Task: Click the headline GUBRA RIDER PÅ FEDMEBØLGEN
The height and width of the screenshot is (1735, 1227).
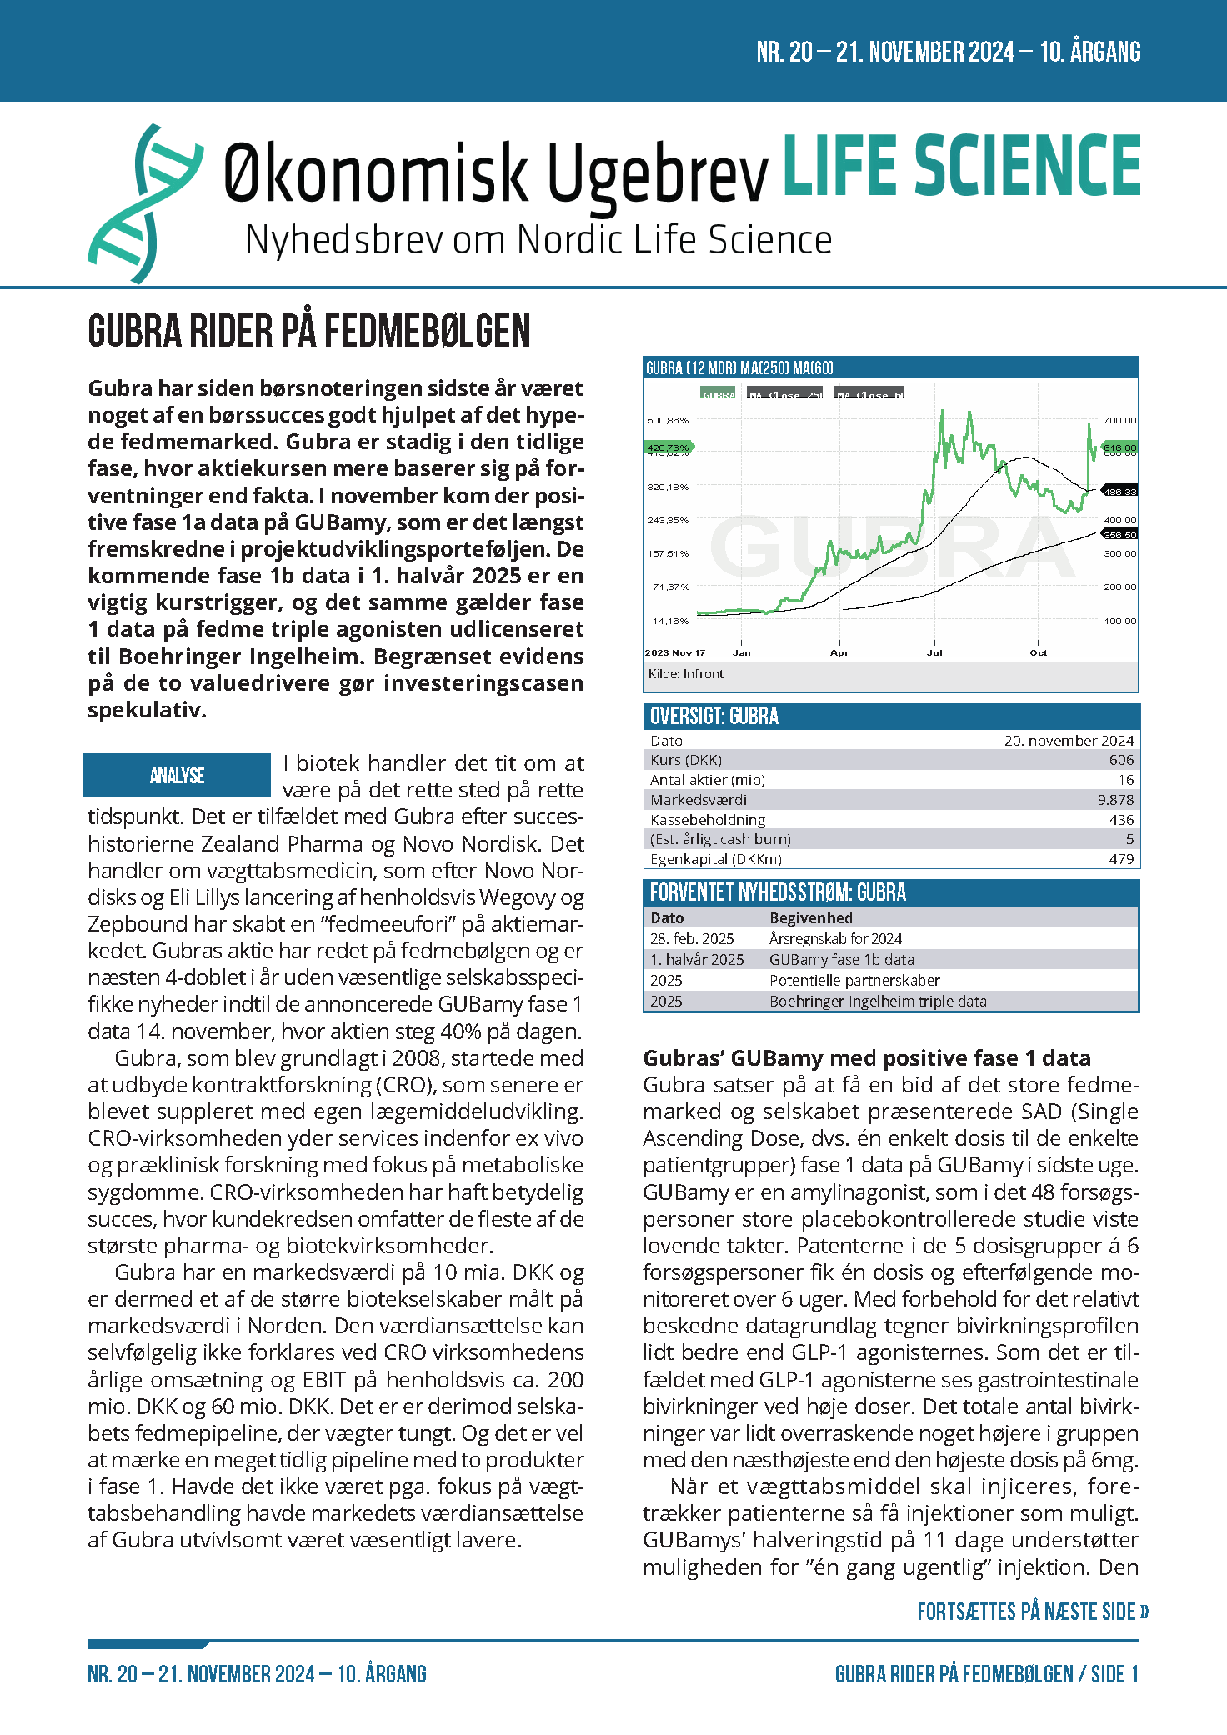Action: coord(308,331)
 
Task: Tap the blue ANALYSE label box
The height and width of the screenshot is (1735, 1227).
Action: coord(177,776)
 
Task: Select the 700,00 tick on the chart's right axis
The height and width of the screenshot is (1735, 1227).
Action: coord(1119,421)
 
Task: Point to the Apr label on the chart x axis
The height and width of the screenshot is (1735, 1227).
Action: coord(839,653)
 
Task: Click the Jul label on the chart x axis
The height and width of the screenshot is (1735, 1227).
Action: coord(934,653)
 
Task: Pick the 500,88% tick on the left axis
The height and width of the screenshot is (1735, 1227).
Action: coord(668,421)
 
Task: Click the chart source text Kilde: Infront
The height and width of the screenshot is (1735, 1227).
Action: coord(686,674)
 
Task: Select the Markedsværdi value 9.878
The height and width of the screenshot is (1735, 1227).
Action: coord(1115,800)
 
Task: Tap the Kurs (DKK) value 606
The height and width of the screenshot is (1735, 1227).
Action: coord(1121,760)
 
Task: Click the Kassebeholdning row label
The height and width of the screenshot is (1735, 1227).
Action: coord(708,820)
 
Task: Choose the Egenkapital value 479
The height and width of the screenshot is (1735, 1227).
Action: coord(1121,859)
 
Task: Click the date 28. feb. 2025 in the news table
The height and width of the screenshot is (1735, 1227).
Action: coord(692,939)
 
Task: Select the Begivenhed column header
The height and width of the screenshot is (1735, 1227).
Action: coord(810,918)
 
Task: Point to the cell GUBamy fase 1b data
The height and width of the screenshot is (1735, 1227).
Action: coord(841,960)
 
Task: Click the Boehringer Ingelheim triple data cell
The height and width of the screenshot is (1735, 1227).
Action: coord(878,1002)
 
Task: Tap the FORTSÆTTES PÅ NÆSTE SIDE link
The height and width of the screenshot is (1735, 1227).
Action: coord(1033,1612)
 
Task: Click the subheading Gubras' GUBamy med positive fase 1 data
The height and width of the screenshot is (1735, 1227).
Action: coord(867,1058)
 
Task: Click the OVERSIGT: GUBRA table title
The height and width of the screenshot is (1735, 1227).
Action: coord(714,717)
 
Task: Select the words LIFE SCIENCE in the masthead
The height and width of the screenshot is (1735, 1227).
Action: coord(961,166)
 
